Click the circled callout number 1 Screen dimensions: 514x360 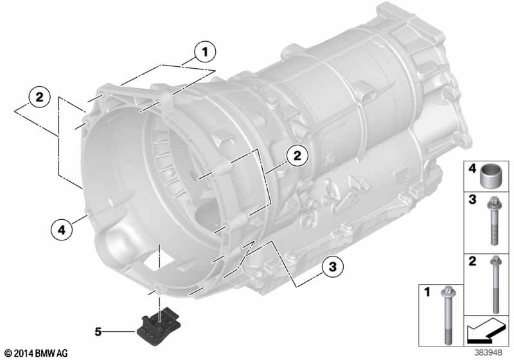205,52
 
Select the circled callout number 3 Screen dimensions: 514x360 333,267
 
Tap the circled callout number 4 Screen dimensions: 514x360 62,230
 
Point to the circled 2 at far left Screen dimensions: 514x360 39,97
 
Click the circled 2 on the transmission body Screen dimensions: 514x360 297,156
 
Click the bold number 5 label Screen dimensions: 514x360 98,332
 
